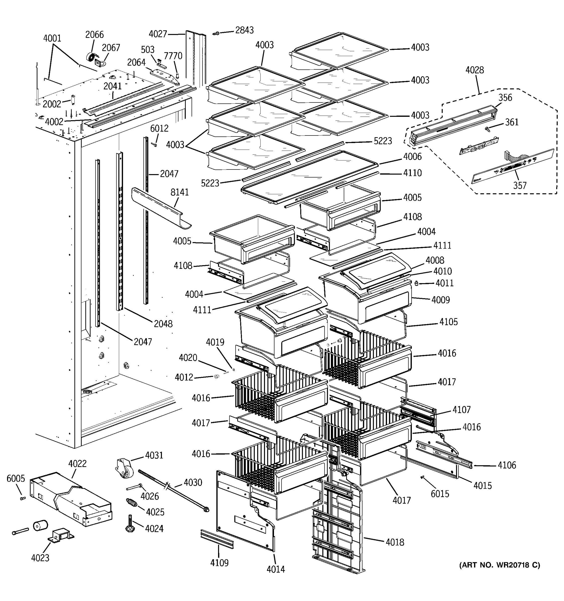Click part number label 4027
point(158,34)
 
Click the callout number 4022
point(77,464)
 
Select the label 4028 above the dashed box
point(475,70)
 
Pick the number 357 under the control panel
point(520,185)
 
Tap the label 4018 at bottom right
point(395,542)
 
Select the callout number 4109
point(219,563)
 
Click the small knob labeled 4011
point(416,283)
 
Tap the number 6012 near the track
point(159,128)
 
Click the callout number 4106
point(507,465)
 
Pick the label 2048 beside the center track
point(163,324)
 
